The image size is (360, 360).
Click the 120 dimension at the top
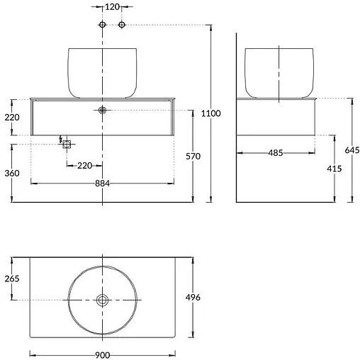[112, 7]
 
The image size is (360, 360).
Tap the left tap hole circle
[103, 26]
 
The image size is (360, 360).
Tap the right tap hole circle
[121, 26]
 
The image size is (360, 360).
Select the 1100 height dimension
[211, 113]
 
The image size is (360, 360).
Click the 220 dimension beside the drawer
[12, 118]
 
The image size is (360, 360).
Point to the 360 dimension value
[12, 173]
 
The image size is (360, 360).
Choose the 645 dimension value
[352, 150]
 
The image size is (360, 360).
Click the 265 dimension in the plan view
[12, 279]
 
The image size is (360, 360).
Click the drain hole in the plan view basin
[103, 300]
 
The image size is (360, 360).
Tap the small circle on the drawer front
[103, 111]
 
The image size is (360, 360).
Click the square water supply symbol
[67, 144]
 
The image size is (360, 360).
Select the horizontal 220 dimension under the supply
[84, 165]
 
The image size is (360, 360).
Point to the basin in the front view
[103, 71]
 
